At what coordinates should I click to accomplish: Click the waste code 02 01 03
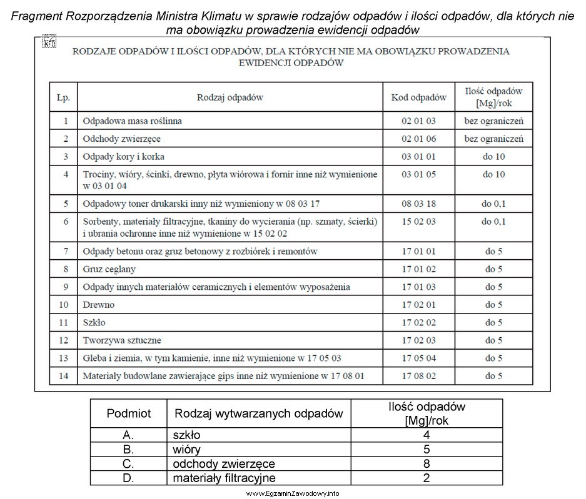click(419, 121)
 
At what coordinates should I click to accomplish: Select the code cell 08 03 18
click(419, 204)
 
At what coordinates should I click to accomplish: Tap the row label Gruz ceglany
click(109, 269)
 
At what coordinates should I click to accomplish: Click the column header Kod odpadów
click(419, 97)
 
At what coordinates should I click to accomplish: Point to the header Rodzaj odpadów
click(230, 97)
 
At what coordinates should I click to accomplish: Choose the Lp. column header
click(63, 97)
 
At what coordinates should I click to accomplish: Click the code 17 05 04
click(419, 358)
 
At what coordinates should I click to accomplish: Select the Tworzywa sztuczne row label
click(122, 340)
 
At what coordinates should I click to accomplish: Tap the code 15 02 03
click(419, 222)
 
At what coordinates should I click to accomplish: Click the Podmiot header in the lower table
click(129, 413)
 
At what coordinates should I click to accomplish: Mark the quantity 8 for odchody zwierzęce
click(426, 463)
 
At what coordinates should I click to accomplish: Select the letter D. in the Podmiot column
click(129, 478)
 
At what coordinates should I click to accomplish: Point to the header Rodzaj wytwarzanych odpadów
click(259, 413)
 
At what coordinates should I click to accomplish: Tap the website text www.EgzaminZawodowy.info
click(293, 493)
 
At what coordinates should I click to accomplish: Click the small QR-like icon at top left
click(49, 42)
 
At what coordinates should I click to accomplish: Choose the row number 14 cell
click(63, 376)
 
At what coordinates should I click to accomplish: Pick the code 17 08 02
click(419, 376)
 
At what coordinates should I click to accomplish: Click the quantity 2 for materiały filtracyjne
click(426, 478)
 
